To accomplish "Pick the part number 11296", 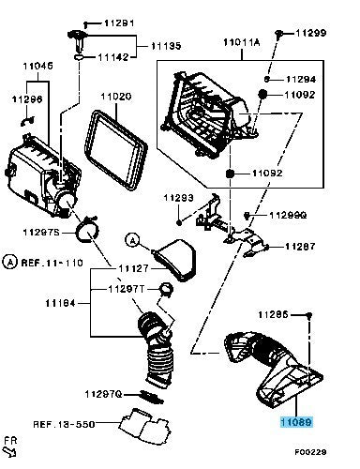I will click(x=26, y=98).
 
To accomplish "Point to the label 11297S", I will click(x=39, y=232).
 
